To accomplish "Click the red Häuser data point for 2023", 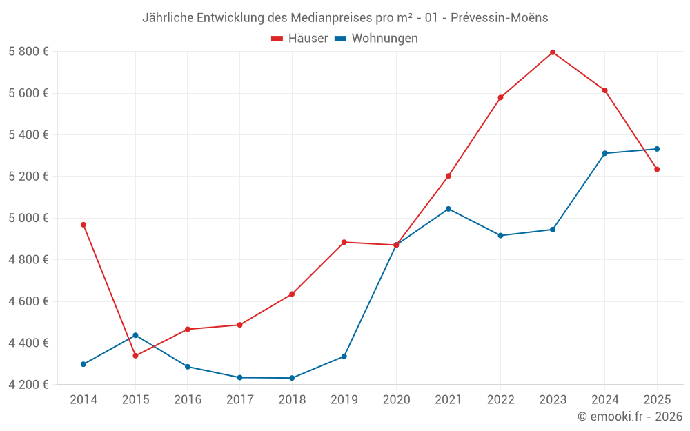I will [x=553, y=52].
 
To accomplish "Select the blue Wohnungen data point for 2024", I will [x=604, y=153].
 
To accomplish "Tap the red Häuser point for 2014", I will [x=83, y=225].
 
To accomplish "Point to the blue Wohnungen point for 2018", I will [x=292, y=378].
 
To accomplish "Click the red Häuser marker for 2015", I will [x=135, y=356].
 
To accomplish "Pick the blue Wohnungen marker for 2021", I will [x=448, y=209].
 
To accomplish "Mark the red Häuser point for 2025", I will [x=657, y=169].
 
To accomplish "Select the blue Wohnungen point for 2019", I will [x=344, y=357].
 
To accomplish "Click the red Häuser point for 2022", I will [x=500, y=97].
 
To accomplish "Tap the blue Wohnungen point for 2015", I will [x=135, y=335].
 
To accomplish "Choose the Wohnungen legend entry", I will [x=377, y=39].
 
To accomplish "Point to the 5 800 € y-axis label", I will [x=28, y=52].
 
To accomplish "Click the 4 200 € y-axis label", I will [x=28, y=385].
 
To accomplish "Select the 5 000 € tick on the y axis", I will [x=28, y=218].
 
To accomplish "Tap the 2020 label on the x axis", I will [x=396, y=400].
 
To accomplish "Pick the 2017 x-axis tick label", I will [x=239, y=400].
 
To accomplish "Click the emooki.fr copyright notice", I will [x=629, y=417].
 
